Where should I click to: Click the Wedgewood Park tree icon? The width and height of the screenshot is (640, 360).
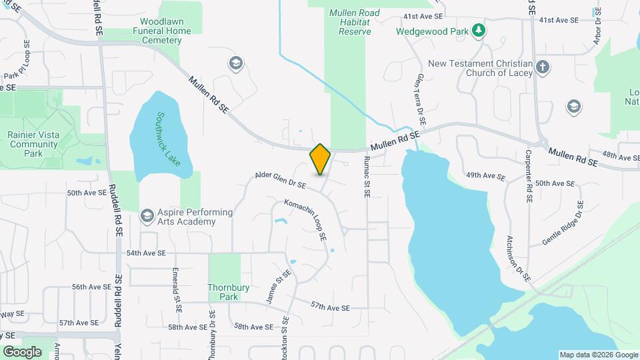478,30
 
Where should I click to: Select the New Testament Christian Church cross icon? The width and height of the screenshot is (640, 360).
543,67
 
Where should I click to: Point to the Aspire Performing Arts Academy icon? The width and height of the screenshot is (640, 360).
147,216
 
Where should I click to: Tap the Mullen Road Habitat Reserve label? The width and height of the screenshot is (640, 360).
354,22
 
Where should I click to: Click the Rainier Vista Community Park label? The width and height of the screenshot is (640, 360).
34,144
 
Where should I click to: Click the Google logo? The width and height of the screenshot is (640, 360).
22,351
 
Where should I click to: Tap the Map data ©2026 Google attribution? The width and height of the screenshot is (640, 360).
597,355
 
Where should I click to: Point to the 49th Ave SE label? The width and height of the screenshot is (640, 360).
486,176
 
